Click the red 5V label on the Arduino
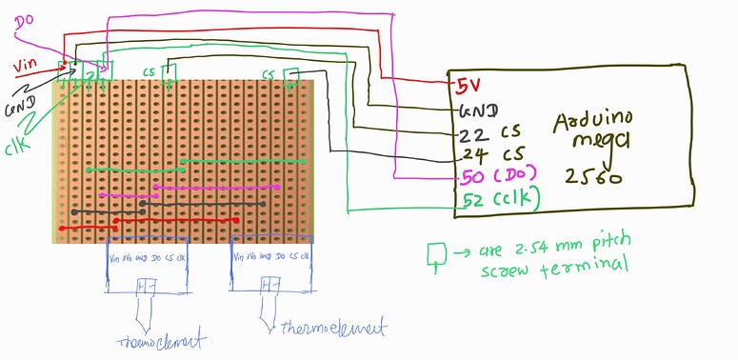[x=467, y=85]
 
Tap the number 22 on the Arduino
[x=470, y=133]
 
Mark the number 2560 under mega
[x=592, y=176]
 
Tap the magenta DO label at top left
[x=26, y=19]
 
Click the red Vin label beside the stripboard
[x=26, y=67]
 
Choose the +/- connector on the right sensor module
[x=269, y=284]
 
